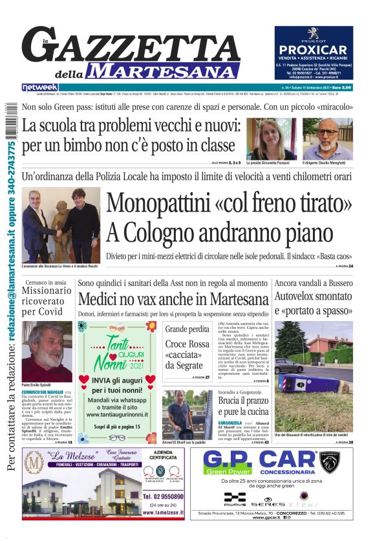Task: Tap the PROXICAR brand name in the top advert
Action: coord(314,50)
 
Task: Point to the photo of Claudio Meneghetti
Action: coord(328,139)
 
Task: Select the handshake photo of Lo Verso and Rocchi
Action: coord(61,225)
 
